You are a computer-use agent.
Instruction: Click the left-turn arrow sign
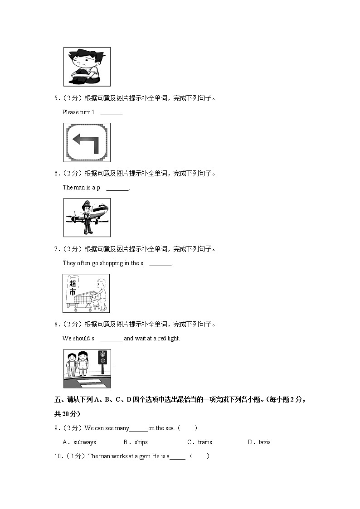point(87,142)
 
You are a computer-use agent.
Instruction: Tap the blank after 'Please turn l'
point(112,112)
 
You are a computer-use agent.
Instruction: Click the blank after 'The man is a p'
point(117,188)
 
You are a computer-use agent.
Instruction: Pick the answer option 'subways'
point(85,442)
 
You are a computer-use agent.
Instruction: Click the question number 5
point(56,98)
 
